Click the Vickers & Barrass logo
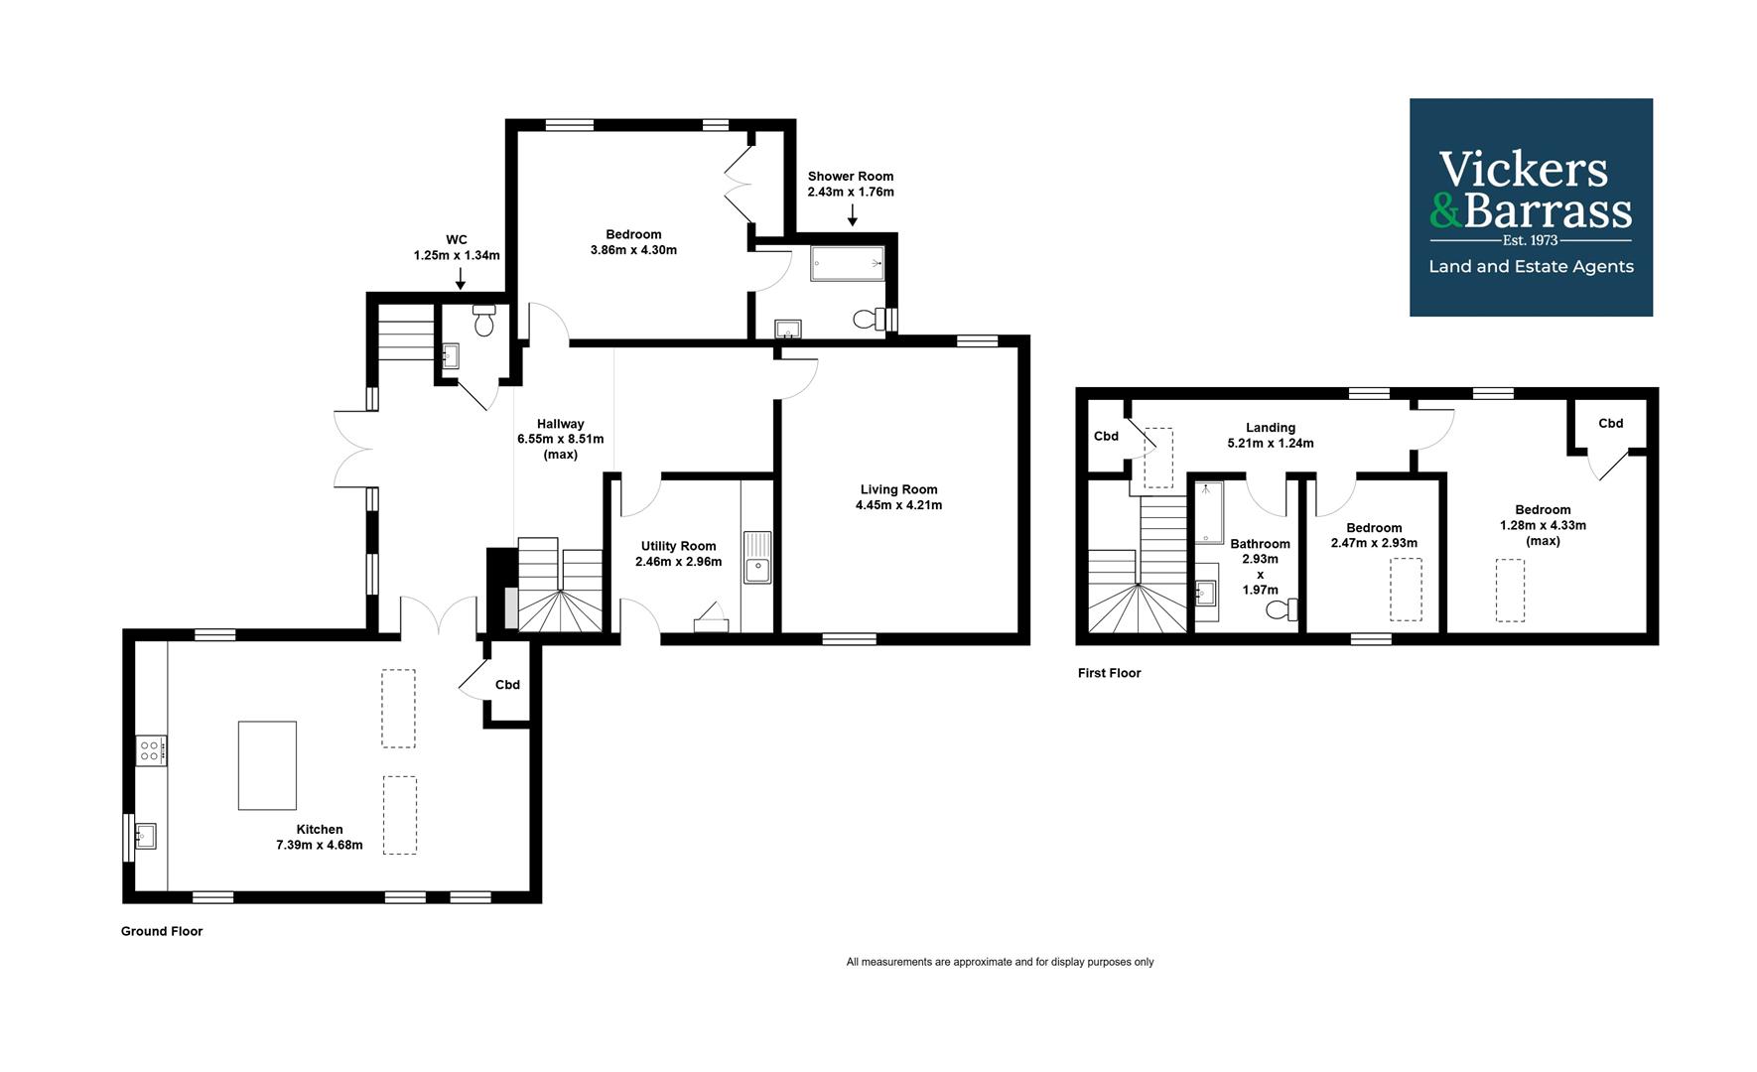[x=1531, y=207]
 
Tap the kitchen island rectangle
[x=267, y=765]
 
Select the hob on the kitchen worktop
[x=151, y=750]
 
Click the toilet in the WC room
[x=484, y=321]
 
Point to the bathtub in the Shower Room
[x=848, y=263]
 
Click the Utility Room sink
[x=757, y=558]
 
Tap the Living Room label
[x=898, y=489]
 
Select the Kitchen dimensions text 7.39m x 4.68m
[x=320, y=846]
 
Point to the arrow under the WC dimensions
[x=460, y=279]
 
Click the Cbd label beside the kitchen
[x=507, y=685]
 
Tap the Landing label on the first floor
[x=1271, y=428]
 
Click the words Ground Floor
[x=162, y=931]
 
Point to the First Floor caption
[x=1110, y=673]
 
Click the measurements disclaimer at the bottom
[x=1000, y=962]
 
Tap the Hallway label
[x=561, y=424]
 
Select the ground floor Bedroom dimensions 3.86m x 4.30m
[x=633, y=250]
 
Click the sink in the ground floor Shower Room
[x=789, y=329]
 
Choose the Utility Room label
[x=678, y=546]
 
